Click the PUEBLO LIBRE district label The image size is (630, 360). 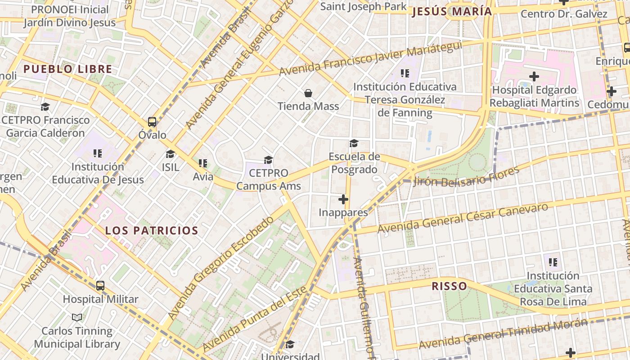coord(67,69)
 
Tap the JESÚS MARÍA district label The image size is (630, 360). coord(452,12)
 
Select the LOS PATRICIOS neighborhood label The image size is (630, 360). coord(152,231)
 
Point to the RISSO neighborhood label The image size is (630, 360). coord(449,286)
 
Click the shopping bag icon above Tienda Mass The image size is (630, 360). coord(308,93)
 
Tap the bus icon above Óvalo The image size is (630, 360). coord(152,122)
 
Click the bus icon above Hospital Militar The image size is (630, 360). coord(100,286)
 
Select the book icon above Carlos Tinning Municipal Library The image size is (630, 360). coord(77,318)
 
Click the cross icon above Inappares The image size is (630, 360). coord(343,199)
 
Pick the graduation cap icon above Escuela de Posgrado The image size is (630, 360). coord(354,144)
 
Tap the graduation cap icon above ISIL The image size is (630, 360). coord(170,154)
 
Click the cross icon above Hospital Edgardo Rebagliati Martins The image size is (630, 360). coord(534,76)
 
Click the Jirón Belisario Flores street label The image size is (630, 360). coord(466,176)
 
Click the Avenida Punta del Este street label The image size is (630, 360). coord(255,318)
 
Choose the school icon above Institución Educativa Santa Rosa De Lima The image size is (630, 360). coord(553,262)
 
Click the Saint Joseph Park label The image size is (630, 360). coord(363,6)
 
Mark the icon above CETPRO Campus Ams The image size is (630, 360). coord(269,160)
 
